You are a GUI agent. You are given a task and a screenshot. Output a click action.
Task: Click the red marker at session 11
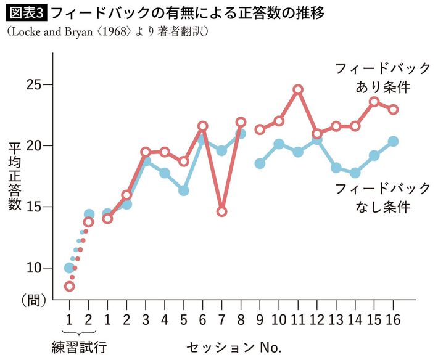[x=298, y=89]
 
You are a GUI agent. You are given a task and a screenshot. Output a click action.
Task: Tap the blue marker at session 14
[x=355, y=173]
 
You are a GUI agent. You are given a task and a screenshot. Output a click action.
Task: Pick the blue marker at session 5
[x=183, y=190]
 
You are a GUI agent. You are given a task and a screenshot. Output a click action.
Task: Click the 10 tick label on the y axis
[x=35, y=268]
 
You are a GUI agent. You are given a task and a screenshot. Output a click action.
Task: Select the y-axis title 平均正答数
[x=15, y=176]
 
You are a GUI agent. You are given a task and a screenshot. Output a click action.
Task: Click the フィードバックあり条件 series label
[x=373, y=78]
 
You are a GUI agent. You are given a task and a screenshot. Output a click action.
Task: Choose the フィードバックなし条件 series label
[x=373, y=197]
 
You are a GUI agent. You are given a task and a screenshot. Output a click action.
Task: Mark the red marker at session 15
[x=374, y=102]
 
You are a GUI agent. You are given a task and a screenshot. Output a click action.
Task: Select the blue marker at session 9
[x=260, y=163]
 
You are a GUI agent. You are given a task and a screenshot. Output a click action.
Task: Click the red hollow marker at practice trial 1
[x=69, y=286]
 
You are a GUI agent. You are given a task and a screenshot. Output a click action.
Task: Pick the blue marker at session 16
[x=393, y=141]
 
